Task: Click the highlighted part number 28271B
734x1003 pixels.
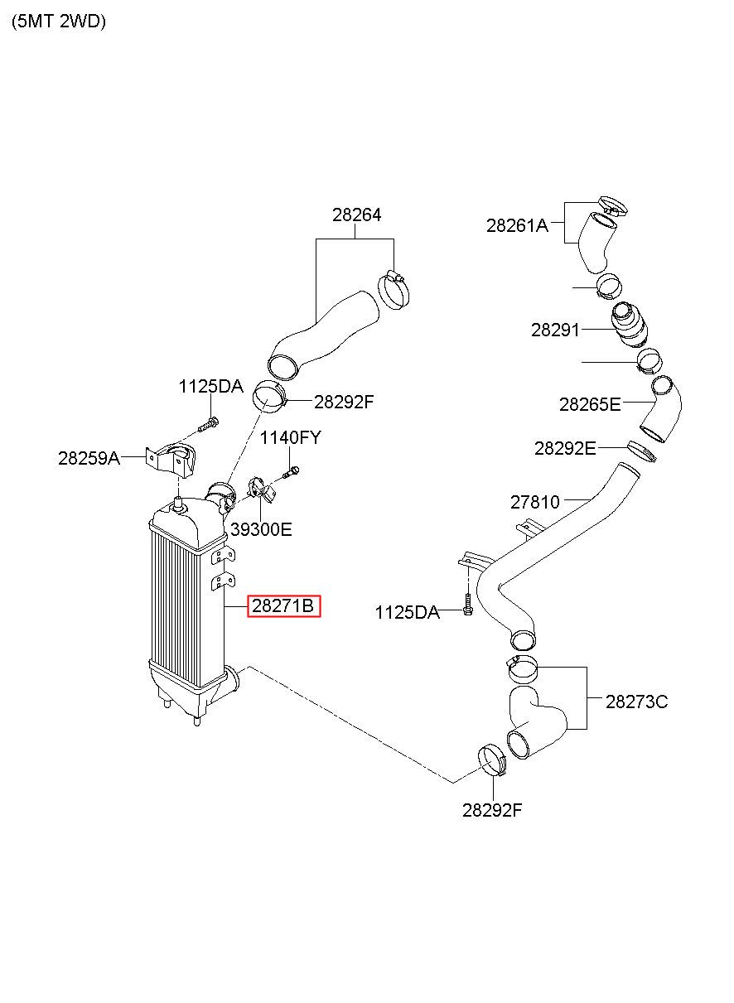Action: (283, 607)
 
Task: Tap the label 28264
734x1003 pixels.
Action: (356, 215)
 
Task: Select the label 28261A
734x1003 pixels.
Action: (517, 224)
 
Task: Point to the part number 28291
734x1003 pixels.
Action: (555, 330)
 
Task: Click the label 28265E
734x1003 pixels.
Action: (589, 404)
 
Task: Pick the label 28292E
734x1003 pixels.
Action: (565, 448)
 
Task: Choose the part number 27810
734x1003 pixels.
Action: (534, 502)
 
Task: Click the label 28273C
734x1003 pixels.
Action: (636, 702)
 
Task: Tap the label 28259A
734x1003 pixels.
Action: (89, 457)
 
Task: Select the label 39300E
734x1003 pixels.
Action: (261, 529)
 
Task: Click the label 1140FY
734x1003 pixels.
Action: (290, 438)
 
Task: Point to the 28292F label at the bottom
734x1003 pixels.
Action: (492, 810)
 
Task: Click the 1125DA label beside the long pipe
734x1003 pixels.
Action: (407, 612)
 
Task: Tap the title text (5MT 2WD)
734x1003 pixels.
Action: (59, 22)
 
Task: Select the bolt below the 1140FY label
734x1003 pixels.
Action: (290, 473)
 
